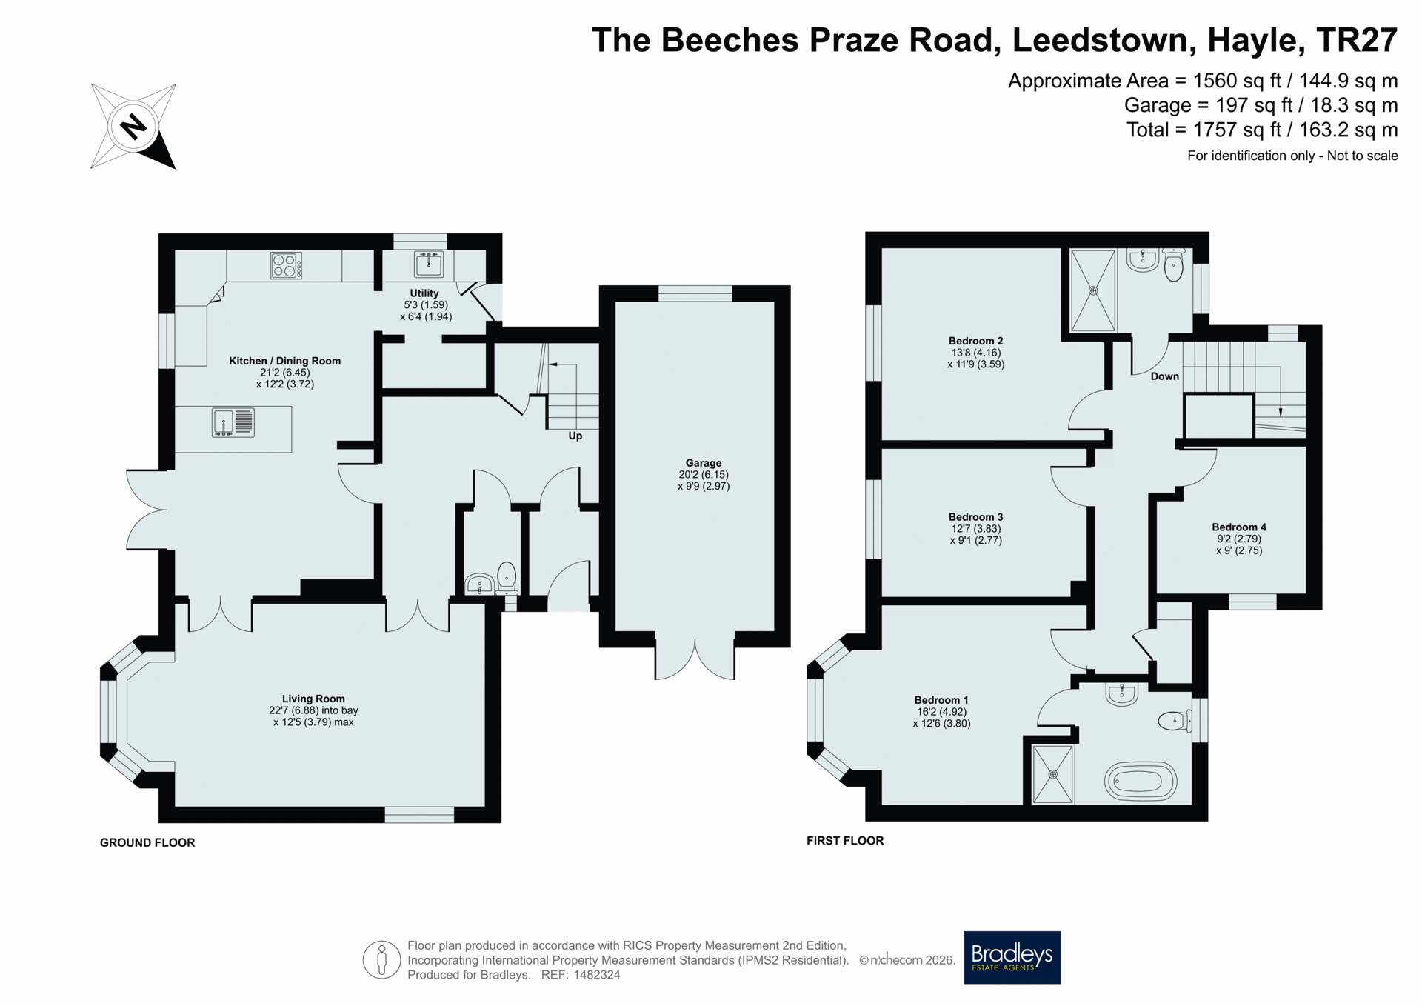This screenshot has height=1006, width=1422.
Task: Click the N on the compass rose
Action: [x=133, y=126]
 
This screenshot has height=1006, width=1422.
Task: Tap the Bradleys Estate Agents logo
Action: [x=1012, y=957]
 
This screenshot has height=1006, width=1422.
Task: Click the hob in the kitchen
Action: [x=286, y=265]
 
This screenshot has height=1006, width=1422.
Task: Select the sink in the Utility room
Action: [x=428, y=264]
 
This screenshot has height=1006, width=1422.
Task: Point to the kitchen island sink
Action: [x=233, y=422]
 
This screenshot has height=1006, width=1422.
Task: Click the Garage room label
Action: [x=703, y=463]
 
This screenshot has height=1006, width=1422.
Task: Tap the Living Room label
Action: [x=313, y=699]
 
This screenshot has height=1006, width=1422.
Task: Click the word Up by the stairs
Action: [x=575, y=436]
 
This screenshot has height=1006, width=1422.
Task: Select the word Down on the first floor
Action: [x=1164, y=376]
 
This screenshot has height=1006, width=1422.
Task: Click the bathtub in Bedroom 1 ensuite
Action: [x=1141, y=781]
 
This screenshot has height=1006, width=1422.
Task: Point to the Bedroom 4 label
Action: [x=1239, y=527]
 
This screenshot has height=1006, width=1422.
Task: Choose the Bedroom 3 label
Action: [x=976, y=517]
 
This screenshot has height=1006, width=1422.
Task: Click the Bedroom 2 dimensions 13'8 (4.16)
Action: [x=976, y=353]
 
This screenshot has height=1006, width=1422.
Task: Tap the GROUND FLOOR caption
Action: [x=147, y=842]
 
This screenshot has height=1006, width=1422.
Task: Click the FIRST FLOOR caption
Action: [x=845, y=841]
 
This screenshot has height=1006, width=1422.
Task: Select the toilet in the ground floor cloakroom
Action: [x=507, y=578]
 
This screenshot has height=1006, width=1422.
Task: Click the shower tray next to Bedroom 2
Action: [x=1093, y=290]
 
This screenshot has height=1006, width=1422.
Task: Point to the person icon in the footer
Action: [x=381, y=960]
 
